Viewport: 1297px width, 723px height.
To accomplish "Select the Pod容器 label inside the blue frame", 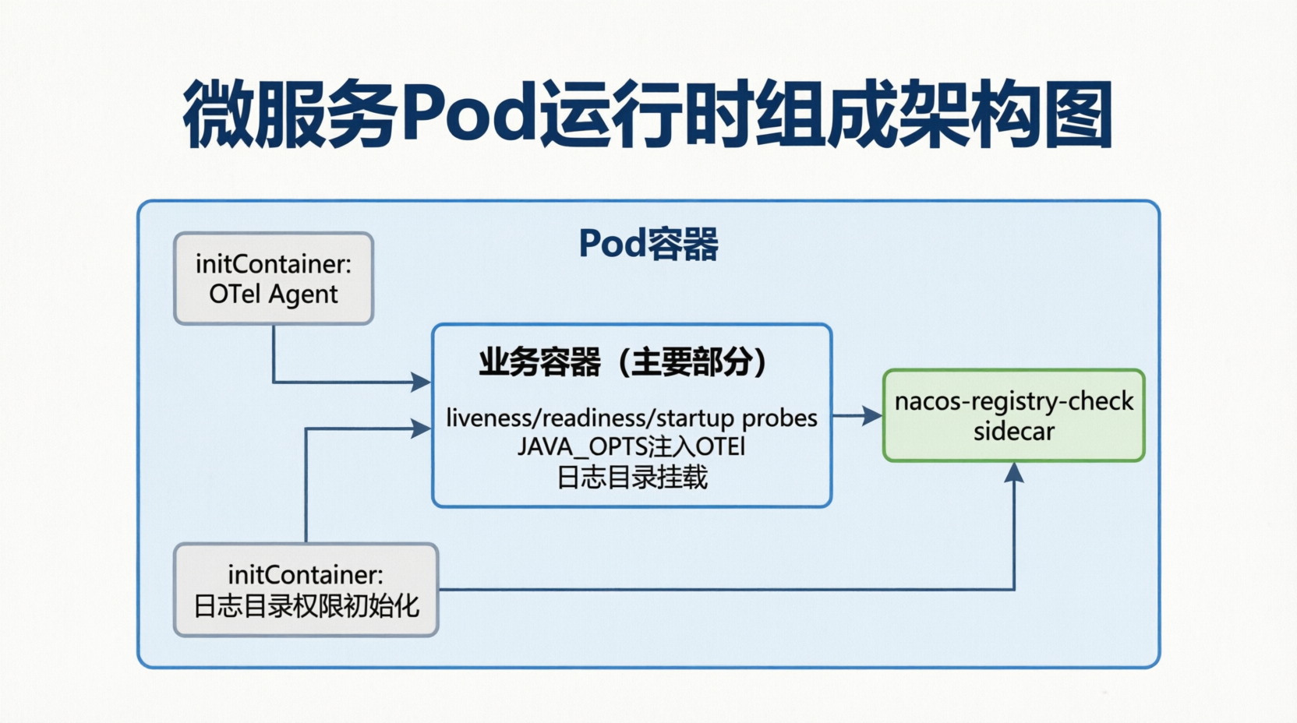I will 648,244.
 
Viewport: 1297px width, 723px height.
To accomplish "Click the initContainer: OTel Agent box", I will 274,278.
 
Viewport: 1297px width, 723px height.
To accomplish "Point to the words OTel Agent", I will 274,294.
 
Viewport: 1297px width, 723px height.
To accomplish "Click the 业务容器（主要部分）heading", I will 624,362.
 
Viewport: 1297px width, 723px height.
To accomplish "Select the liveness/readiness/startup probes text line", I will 631,418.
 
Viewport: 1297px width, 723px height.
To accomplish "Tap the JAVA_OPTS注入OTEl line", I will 631,447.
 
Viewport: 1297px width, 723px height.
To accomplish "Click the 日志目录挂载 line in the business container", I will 631,477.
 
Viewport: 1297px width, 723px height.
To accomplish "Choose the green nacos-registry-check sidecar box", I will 1013,415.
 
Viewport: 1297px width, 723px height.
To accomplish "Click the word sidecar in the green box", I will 1013,432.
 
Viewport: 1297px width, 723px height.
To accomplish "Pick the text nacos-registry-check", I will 1013,401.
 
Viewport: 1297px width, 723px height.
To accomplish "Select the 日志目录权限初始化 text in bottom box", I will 306,606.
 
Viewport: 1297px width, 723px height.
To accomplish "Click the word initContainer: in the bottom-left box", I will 306,575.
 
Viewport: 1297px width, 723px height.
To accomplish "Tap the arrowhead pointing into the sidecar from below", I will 1013,472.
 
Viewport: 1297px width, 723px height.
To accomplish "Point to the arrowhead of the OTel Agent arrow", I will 421,382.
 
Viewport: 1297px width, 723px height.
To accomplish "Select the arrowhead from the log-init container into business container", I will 421,429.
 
